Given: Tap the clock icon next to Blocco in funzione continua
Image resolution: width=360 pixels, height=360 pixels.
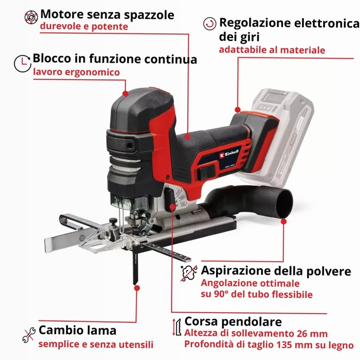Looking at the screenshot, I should point(22,63).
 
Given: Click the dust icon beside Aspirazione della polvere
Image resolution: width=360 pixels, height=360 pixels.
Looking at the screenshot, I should point(189,273).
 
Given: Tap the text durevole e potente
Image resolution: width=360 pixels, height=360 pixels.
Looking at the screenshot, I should point(84,27).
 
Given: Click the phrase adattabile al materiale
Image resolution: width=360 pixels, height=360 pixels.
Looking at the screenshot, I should point(272,50).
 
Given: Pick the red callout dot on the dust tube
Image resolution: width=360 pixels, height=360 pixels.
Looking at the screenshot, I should point(283,221).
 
